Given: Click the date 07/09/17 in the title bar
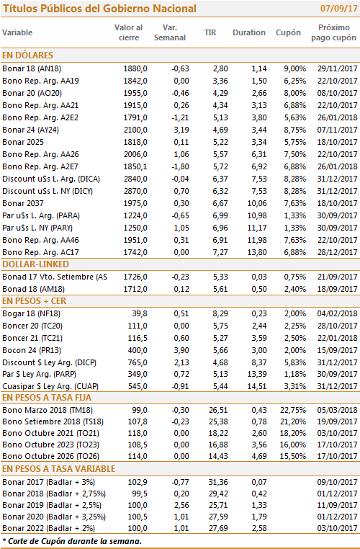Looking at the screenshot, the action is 338,9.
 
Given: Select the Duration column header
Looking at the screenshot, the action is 249,32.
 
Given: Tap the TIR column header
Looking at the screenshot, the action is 210,32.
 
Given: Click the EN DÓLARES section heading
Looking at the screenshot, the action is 27,55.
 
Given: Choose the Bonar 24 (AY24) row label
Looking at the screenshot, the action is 31,130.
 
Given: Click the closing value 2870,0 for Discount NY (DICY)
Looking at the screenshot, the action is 135,191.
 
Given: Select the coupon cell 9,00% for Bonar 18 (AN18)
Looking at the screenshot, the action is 295,68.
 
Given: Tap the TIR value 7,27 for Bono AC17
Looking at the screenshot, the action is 220,252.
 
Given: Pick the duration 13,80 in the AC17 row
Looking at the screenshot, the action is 257,252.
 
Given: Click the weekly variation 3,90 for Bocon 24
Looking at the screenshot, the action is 181,350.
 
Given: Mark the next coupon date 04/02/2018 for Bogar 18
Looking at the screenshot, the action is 337,313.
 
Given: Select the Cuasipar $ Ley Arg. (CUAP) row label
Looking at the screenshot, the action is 50,387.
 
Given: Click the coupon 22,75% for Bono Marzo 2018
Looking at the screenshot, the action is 293,410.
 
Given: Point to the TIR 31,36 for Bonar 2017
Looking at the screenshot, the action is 218,482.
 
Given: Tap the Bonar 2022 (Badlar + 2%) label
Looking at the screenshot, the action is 49,528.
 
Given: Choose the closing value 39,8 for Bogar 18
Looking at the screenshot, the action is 140,313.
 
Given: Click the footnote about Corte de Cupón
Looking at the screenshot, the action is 72,541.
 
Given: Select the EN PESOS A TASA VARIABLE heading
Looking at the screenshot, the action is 59,469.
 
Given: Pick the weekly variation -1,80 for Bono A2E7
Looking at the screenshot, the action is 180,166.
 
